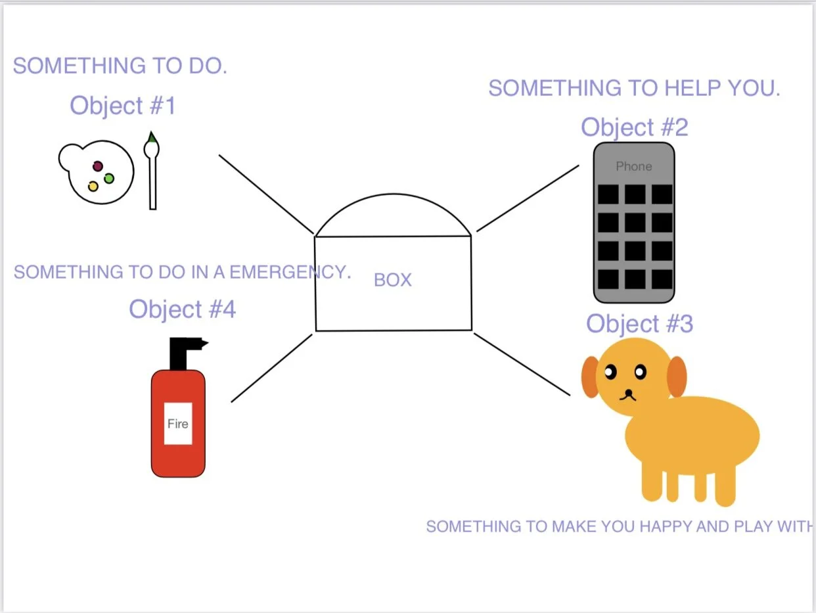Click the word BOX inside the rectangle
tap(393, 280)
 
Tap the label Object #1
tap(123, 105)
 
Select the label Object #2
tap(634, 127)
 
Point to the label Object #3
tap(639, 324)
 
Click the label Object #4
tap(182, 309)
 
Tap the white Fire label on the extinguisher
tap(177, 424)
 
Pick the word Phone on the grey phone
tap(633, 166)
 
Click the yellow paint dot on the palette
tap(93, 187)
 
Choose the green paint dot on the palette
tap(109, 178)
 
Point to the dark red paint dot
tap(98, 166)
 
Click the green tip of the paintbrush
tap(152, 137)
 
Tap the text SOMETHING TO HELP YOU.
tap(634, 88)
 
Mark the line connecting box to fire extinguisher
tap(271, 368)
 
